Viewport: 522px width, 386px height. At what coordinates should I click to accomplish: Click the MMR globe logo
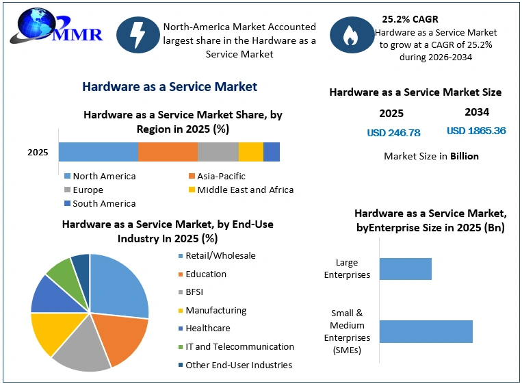pyautogui.click(x=56, y=27)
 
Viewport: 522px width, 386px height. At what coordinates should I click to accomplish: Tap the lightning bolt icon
pyautogui.click(x=138, y=35)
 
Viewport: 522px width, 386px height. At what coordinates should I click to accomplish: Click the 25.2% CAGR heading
pyautogui.click(x=410, y=19)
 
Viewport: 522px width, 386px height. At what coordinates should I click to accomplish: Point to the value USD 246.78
pyautogui.click(x=393, y=133)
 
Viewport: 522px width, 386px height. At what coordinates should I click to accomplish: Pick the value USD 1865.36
pyautogui.click(x=476, y=131)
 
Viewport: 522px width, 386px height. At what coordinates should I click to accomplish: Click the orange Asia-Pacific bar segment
pyautogui.click(x=168, y=152)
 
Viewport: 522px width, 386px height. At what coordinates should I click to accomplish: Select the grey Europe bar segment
pyautogui.click(x=218, y=152)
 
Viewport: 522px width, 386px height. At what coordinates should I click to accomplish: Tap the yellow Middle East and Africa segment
pyautogui.click(x=251, y=152)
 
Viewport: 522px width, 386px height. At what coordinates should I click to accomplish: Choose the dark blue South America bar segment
pyautogui.click(x=272, y=152)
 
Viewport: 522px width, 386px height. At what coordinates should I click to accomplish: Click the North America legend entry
pyautogui.click(x=100, y=176)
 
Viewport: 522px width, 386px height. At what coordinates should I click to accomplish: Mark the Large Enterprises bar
pyautogui.click(x=406, y=269)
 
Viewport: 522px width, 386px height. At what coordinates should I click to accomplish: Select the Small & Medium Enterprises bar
pyautogui.click(x=426, y=331)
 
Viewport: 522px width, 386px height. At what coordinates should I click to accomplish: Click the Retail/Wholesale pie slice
pyautogui.click(x=116, y=286)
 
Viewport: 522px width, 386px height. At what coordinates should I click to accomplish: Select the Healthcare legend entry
pyautogui.click(x=205, y=329)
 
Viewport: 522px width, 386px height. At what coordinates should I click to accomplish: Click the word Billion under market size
pyautogui.click(x=465, y=156)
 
